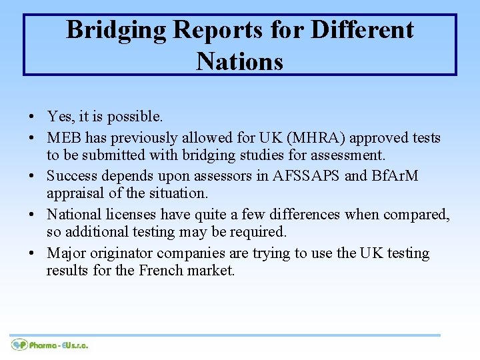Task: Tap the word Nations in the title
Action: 240,61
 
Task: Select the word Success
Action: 73,177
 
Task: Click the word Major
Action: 65,253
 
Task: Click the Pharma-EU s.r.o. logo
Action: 50,345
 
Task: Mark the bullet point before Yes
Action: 32,117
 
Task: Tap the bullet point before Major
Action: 32,254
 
